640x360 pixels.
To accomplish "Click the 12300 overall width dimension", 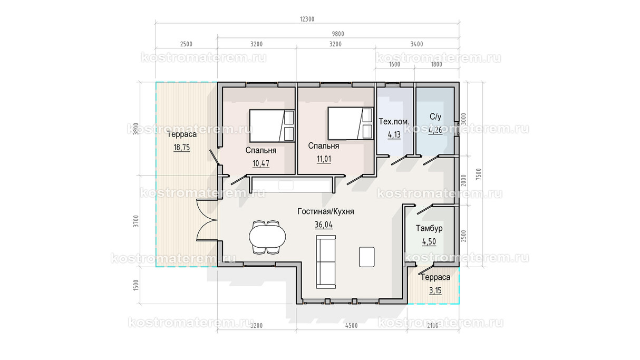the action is point(307,19).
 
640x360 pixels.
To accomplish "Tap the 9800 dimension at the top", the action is point(338,34).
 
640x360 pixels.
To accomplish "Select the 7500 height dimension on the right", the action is point(479,174).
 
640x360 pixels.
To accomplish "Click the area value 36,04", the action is point(324,225).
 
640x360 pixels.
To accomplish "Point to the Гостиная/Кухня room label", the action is point(326,211).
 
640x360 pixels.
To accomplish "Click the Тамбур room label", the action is point(429,228).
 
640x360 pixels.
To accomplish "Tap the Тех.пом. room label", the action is point(394,122).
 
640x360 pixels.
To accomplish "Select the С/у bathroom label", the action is point(435,116).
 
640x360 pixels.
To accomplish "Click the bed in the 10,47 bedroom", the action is point(272,126).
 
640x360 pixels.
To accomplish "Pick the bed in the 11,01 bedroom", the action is point(351,124).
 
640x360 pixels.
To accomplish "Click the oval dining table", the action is point(267,237).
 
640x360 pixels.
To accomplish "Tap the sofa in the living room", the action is point(326,262).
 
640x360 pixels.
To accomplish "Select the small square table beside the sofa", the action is point(367,257).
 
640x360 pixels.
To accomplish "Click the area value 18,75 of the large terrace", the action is point(182,148).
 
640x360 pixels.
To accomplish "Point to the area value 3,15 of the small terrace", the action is point(435,290).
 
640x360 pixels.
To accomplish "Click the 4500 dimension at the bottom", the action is point(351,326).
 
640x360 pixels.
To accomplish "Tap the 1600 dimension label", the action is point(394,64).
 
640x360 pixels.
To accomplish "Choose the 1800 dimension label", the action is point(437,64).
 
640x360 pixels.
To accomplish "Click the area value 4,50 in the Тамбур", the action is point(429,242).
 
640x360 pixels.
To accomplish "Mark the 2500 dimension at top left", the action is point(186,44).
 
